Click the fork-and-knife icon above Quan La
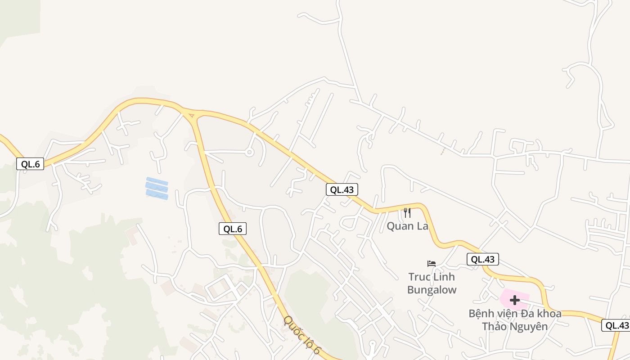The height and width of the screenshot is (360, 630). pyautogui.click(x=407, y=213)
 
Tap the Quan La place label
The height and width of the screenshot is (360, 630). pyautogui.click(x=407, y=226)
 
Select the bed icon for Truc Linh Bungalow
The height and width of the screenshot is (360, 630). pyautogui.click(x=432, y=263)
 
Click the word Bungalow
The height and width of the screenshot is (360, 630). pyautogui.click(x=432, y=289)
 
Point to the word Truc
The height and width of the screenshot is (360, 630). pyautogui.click(x=420, y=276)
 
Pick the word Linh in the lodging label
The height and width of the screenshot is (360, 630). pyautogui.click(x=444, y=276)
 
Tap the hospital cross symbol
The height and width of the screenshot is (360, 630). pyautogui.click(x=515, y=300)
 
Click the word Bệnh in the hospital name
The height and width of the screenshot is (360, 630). pyautogui.click(x=481, y=313)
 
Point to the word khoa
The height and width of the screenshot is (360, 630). pyautogui.click(x=548, y=313)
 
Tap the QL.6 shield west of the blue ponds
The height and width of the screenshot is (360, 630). pyautogui.click(x=31, y=164)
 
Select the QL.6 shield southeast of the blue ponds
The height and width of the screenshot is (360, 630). pyautogui.click(x=233, y=229)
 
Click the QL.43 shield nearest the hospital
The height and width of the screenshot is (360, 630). pyautogui.click(x=483, y=259)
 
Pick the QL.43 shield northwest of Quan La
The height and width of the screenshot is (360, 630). pyautogui.click(x=342, y=189)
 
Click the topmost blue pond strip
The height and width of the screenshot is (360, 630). pyautogui.click(x=157, y=181)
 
